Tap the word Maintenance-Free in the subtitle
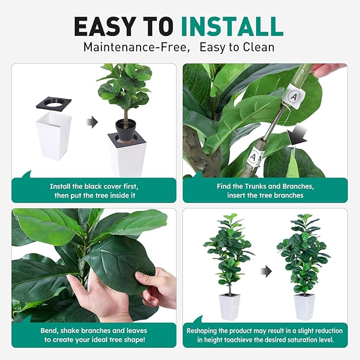pos(136,47)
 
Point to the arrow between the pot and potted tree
pos(92,123)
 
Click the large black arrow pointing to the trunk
pos(298,139)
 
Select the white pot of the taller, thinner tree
pos(230,306)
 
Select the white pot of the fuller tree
pos(304,306)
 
